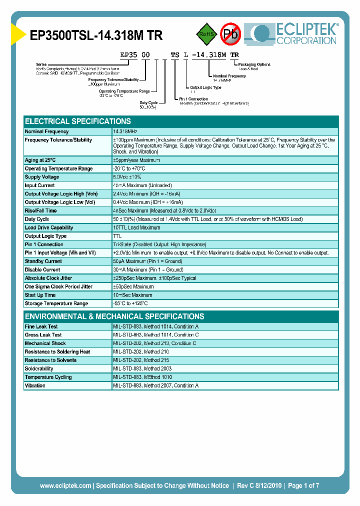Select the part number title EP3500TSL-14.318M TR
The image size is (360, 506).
[x=96, y=35]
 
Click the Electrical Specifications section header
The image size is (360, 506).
[x=78, y=121]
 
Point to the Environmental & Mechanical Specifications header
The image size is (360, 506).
[x=114, y=316]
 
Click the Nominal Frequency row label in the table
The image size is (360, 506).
[x=47, y=131]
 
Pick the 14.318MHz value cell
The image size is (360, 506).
[x=125, y=131]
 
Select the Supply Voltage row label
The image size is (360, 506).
[x=42, y=177]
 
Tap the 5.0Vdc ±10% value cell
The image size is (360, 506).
[x=127, y=177]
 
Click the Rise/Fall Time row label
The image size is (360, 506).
[x=41, y=211]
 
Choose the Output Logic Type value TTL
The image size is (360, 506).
[x=117, y=236]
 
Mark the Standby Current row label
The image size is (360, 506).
[x=43, y=261]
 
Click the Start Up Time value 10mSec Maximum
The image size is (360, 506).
[x=133, y=295]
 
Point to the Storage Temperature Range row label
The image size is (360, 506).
[x=56, y=303]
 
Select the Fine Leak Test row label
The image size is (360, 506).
[x=41, y=326]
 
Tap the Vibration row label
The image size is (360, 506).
[x=35, y=386]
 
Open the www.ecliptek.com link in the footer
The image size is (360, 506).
[x=65, y=485]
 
